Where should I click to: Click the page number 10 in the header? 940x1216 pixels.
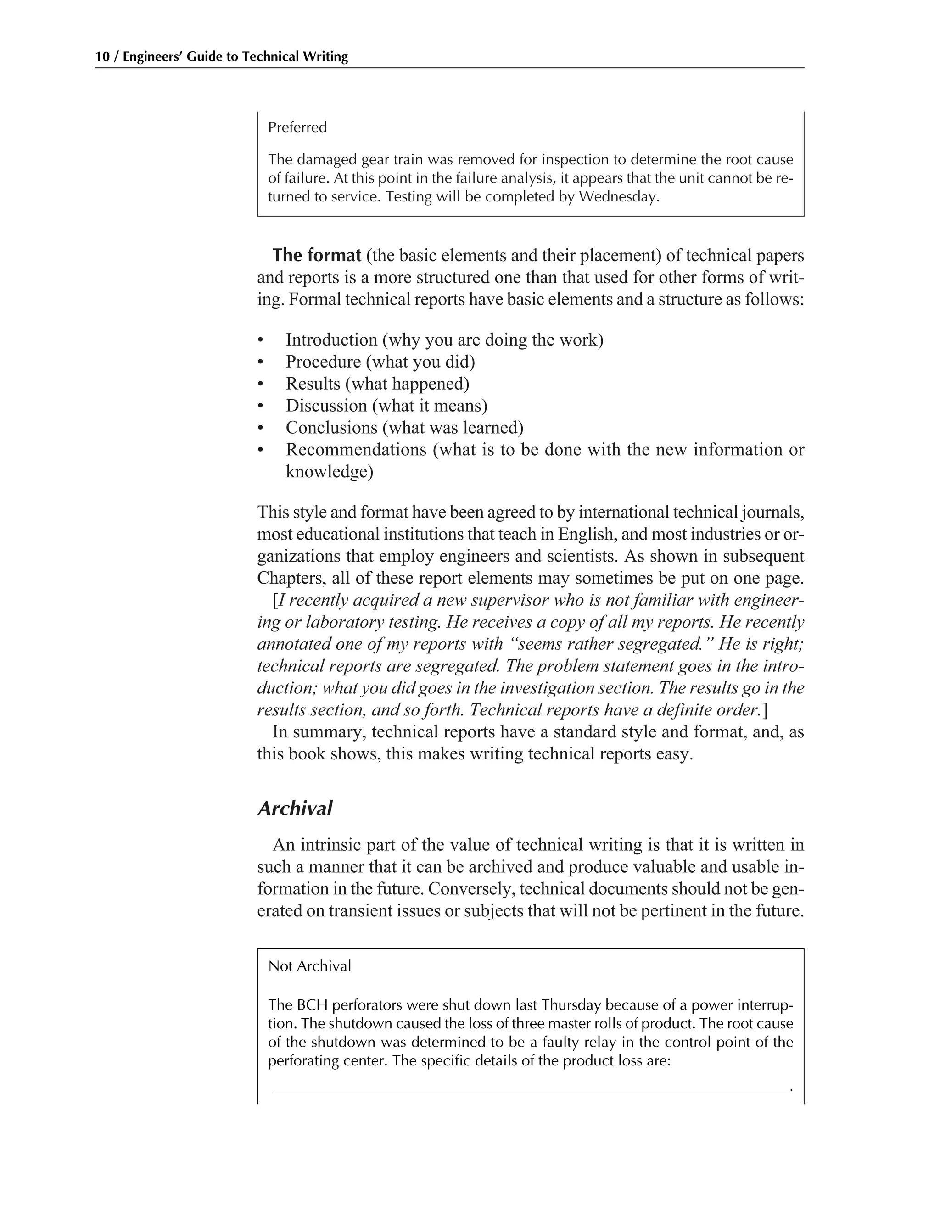coord(102,57)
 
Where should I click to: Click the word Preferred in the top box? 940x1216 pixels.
coord(297,128)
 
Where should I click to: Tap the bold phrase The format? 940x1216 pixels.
coord(317,256)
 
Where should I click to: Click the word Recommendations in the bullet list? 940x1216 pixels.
coord(356,449)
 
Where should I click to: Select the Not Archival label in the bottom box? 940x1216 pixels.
coord(310,966)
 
